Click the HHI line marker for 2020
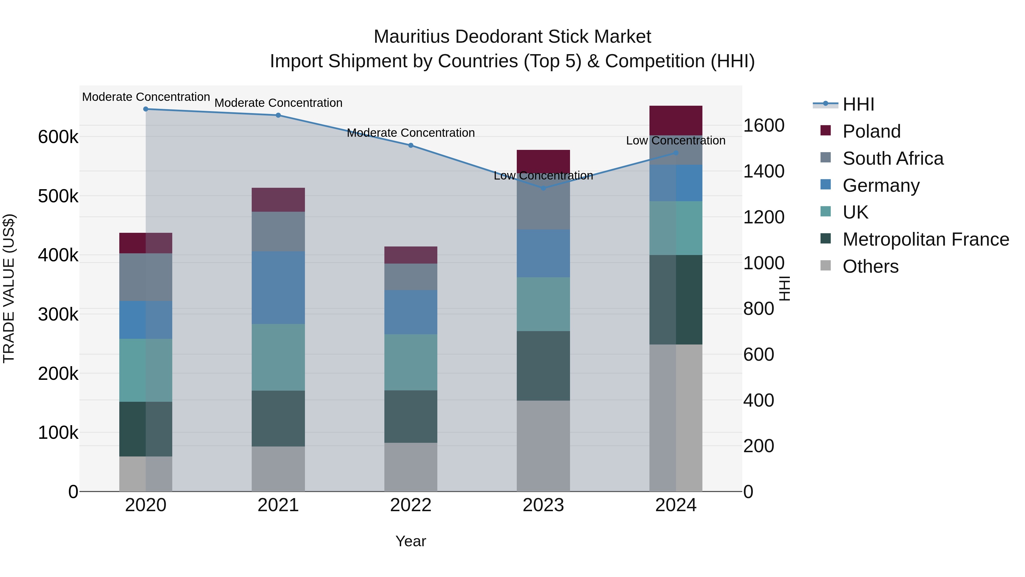coord(145,109)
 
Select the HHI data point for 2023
coord(543,188)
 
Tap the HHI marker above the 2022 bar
coord(411,145)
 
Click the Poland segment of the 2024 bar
coord(676,120)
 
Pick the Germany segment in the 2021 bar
coord(278,288)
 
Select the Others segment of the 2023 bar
coord(543,446)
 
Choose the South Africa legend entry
coord(893,158)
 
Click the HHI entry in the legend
coord(858,104)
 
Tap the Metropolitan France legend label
coord(926,239)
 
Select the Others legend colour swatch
coord(826,266)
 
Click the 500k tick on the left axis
coord(58,196)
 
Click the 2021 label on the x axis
coord(278,505)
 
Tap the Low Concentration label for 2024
coord(676,140)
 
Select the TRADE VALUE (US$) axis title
coord(9,288)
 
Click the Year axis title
coord(411,541)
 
